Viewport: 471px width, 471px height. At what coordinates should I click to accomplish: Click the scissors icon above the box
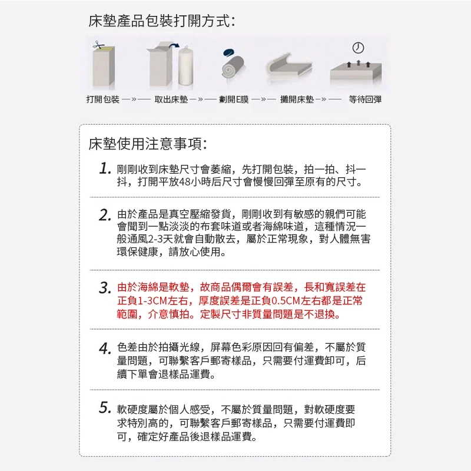point(98,45)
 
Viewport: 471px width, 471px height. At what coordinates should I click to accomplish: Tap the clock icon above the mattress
point(358,48)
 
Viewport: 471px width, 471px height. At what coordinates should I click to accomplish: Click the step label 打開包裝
point(102,99)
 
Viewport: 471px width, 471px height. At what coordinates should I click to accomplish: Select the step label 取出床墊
point(171,99)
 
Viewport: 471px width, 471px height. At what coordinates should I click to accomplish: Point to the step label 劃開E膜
point(234,99)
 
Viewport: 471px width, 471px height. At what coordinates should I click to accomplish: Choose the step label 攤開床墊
point(297,99)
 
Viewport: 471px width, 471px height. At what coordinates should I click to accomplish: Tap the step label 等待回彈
point(365,99)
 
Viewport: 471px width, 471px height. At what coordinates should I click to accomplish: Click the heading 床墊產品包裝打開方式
point(161,21)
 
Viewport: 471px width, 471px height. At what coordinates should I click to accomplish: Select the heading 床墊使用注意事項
point(148,144)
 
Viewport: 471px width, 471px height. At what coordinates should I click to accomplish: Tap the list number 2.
point(105,215)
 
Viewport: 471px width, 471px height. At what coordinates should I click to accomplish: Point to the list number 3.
point(105,287)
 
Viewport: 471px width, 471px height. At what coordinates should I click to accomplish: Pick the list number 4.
point(105,348)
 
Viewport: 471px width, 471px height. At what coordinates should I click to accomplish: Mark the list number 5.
point(105,408)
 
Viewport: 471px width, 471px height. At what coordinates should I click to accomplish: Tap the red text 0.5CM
point(282,301)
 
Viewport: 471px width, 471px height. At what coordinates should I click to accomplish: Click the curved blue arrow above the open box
point(174,46)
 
